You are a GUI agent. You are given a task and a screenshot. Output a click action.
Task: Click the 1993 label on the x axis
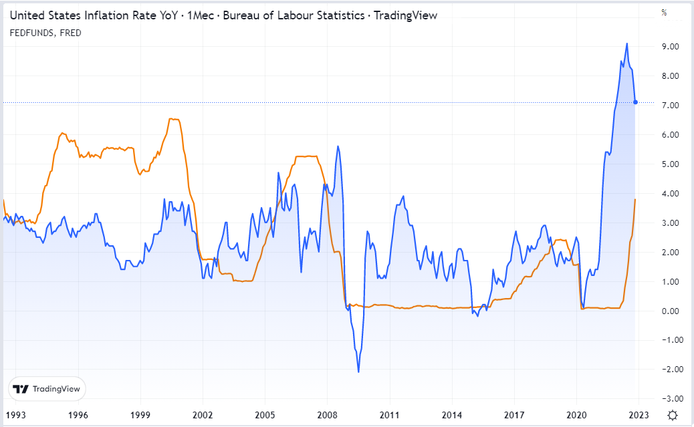point(15,414)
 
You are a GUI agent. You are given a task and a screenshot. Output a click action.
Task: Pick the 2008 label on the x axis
point(327,414)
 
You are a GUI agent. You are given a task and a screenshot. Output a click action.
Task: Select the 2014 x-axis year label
point(452,414)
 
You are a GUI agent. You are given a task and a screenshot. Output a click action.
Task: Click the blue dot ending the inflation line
point(635,102)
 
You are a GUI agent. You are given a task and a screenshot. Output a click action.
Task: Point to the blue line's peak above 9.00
point(626,44)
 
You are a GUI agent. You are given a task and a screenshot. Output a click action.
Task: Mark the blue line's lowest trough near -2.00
point(358,372)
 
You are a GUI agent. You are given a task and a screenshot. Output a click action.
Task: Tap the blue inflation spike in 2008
point(338,146)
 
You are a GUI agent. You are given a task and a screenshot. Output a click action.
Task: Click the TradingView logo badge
point(47,389)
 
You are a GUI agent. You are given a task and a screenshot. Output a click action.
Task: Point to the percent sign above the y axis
point(664,13)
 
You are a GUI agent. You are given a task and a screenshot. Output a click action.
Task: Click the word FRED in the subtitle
point(70,33)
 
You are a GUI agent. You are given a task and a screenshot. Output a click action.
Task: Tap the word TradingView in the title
point(406,15)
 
